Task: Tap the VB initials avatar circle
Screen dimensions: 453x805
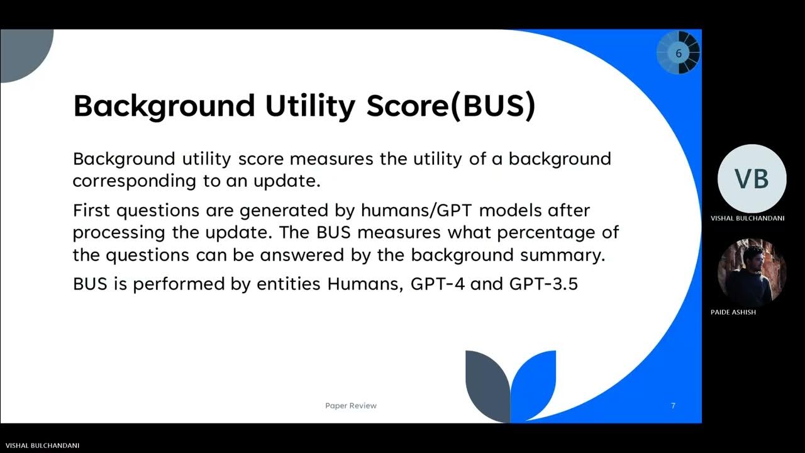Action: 752,179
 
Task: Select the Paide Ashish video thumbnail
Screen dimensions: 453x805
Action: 752,272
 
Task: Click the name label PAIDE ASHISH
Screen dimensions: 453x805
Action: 733,313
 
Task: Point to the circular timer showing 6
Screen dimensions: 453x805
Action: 678,53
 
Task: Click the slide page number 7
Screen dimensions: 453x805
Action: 673,406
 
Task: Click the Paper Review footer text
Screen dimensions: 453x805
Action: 351,406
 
